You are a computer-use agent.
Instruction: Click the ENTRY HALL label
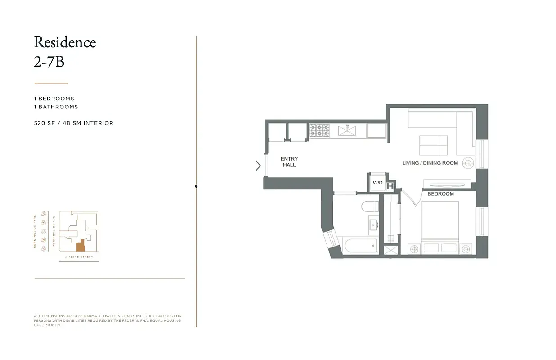click(x=289, y=162)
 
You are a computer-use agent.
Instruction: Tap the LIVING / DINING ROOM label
click(x=430, y=163)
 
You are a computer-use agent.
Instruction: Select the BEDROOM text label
click(x=440, y=194)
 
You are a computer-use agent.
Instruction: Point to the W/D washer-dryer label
click(x=377, y=183)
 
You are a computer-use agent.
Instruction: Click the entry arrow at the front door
click(x=258, y=166)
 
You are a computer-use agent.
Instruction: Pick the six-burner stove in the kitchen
click(x=319, y=130)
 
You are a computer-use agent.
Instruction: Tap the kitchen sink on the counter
click(x=347, y=130)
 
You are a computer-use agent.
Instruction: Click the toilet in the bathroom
click(x=370, y=207)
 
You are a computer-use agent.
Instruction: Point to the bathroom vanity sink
click(x=373, y=225)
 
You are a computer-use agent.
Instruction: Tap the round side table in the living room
click(x=468, y=163)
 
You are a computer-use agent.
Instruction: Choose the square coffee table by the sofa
click(x=433, y=145)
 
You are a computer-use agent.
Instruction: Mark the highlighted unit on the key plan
click(x=81, y=246)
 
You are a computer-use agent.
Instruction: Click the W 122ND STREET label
click(x=79, y=257)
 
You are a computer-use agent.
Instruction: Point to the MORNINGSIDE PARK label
click(x=35, y=231)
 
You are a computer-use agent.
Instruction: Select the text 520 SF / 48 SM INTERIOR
click(x=74, y=123)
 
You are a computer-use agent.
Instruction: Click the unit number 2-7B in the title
click(x=49, y=62)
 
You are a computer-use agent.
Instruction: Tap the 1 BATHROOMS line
click(x=56, y=107)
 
